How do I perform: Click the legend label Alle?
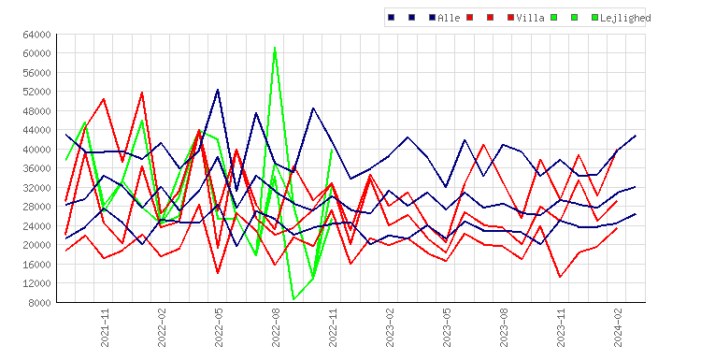click(449, 18)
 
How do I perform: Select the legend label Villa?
click(530, 18)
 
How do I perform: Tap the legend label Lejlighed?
click(625, 18)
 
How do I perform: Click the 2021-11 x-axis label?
click(105, 327)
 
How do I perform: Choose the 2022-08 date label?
click(276, 327)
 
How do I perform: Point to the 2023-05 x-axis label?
click(447, 327)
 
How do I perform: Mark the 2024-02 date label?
click(619, 327)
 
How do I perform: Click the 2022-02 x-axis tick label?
click(162, 327)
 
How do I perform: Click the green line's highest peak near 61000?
click(275, 48)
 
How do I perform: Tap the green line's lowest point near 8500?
click(293, 299)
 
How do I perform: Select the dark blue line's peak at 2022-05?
click(218, 90)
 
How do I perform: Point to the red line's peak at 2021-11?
click(104, 99)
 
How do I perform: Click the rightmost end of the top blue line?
click(636, 136)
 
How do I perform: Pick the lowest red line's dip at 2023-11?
click(560, 277)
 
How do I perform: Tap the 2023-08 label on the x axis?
click(505, 327)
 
